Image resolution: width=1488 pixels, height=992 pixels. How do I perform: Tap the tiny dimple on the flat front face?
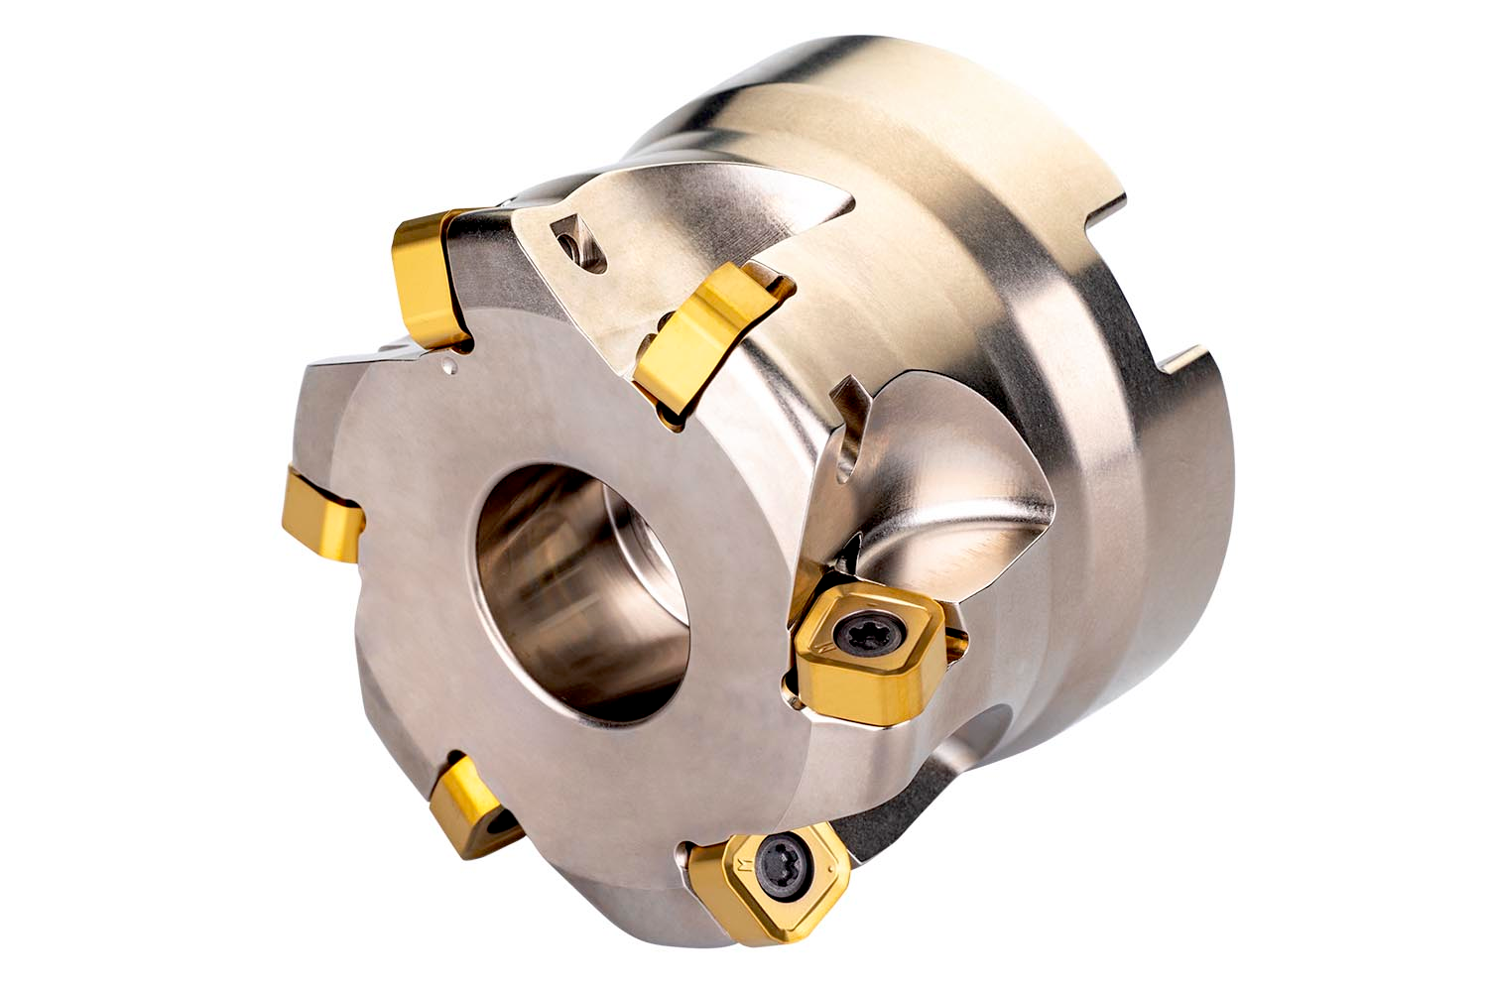tap(451, 369)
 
